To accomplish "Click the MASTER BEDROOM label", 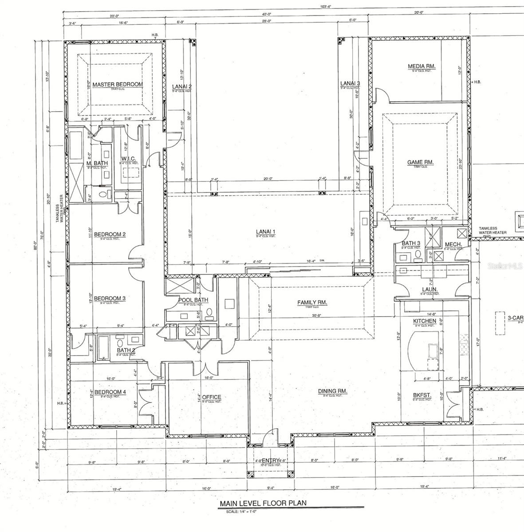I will coord(118,84).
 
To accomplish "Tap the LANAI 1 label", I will coord(266,231).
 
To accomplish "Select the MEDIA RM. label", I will coord(422,66).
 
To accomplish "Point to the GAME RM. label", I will coord(420,162).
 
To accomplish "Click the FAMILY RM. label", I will coord(312,303).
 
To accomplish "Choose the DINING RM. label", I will coord(332,391).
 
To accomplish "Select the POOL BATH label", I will coord(193,300).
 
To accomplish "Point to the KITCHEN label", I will coord(425,321).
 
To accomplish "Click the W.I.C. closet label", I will coord(128,159).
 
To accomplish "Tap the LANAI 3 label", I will coord(350,83).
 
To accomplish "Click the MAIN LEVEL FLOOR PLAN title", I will coord(263,504).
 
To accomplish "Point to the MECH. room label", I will coord(453,244).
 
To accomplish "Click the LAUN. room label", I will coord(429,289).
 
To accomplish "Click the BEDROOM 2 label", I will coord(110,234).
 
